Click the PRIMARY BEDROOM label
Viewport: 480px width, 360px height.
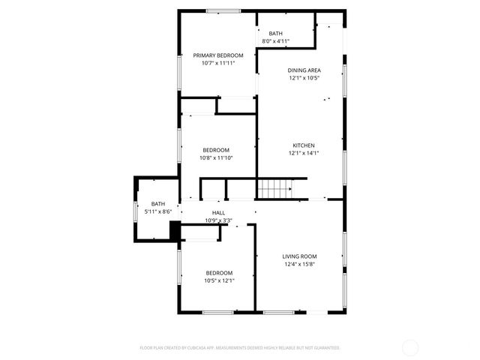(218, 55)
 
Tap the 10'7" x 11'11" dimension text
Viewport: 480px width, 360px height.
(218, 64)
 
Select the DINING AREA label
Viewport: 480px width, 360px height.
(304, 70)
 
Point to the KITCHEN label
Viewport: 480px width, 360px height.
(303, 145)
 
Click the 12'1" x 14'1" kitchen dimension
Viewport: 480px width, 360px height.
(304, 153)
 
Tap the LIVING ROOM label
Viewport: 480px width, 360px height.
(299, 256)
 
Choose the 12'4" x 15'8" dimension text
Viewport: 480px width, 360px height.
(299, 264)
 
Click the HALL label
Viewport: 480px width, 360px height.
(218, 213)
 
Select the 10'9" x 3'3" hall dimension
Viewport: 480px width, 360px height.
(218, 220)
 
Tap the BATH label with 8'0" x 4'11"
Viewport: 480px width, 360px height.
(276, 34)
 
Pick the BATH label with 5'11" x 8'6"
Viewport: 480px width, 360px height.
(158, 204)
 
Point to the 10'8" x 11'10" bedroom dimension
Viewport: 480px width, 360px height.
(216, 157)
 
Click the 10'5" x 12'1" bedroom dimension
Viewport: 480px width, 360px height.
(219, 280)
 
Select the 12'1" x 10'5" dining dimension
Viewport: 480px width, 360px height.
(304, 78)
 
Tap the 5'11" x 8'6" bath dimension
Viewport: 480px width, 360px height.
(158, 212)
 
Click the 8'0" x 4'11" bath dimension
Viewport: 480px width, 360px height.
(276, 42)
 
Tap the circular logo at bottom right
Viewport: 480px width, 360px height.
(410, 347)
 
